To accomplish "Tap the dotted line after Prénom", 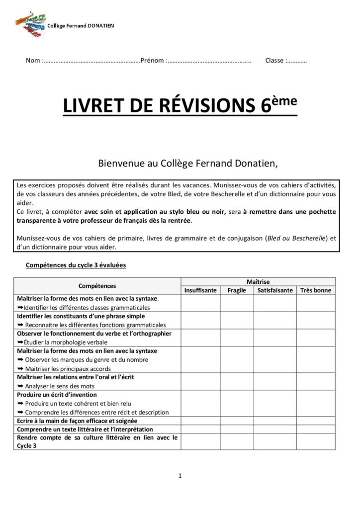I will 209,61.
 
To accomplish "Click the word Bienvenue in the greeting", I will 119,163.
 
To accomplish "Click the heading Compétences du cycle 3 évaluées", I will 76,265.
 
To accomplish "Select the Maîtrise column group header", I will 258,282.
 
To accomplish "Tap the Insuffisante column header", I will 200,290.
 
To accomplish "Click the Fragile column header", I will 237,290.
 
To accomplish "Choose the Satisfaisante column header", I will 275,290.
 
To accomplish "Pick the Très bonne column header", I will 316,290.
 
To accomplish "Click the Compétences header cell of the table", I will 97,286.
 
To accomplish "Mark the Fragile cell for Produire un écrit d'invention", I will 237,403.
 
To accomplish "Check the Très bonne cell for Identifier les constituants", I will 316,320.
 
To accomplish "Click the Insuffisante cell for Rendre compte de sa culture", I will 200,441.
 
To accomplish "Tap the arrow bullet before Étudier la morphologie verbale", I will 20,342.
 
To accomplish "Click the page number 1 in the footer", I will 180,476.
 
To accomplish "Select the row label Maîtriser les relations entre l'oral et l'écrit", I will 76,377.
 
